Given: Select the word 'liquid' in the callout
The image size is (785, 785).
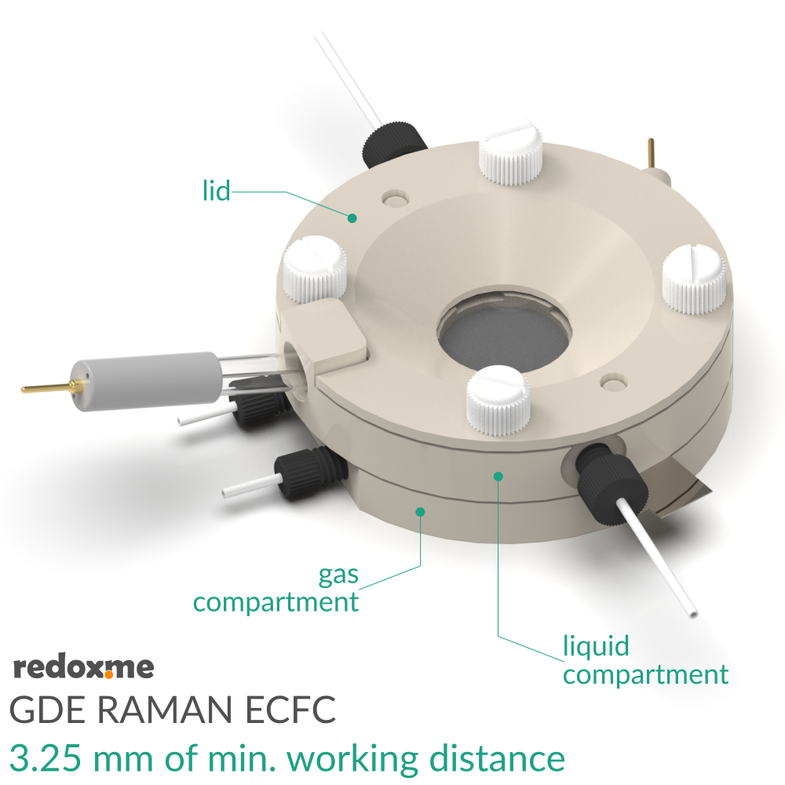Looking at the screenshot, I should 597,646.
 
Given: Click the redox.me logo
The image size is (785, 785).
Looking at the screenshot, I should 84,668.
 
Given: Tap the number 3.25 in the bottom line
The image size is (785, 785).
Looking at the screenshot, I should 46,758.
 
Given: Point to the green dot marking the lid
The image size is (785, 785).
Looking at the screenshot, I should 352,218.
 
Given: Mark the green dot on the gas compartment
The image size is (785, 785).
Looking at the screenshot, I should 420,512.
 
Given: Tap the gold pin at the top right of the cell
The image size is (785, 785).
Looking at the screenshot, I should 651,153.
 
